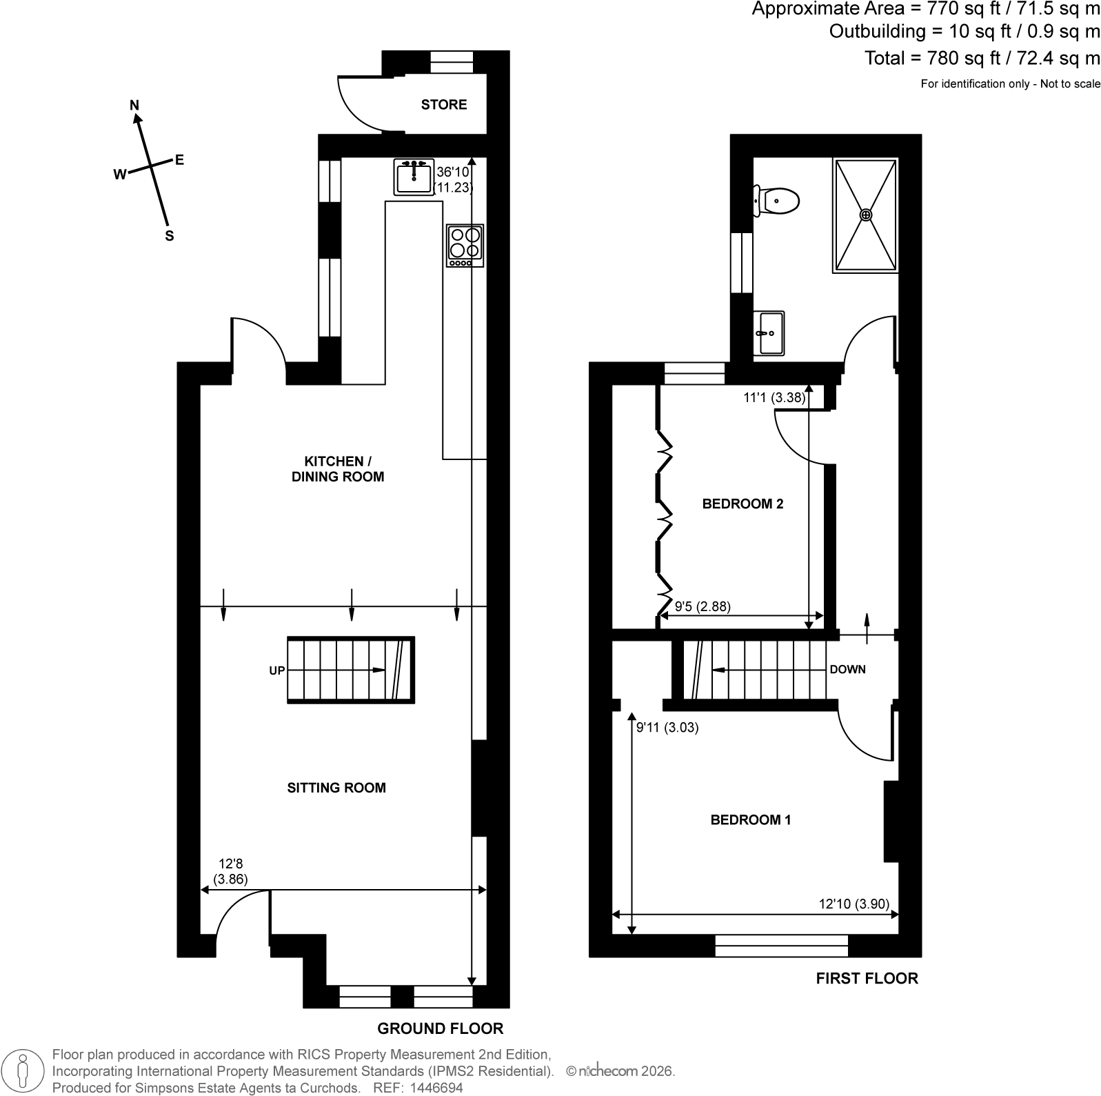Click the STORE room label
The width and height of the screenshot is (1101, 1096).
[x=444, y=105]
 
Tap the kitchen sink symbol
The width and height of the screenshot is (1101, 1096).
[x=414, y=177]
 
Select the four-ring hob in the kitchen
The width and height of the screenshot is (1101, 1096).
[x=465, y=245]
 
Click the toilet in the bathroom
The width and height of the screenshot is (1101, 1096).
[x=776, y=201]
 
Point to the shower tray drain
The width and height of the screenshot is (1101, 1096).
[x=866, y=215]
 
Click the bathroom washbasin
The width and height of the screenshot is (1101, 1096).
[x=769, y=333]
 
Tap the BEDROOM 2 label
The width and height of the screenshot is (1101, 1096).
[x=743, y=504]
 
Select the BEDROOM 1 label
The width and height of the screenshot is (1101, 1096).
[x=751, y=820]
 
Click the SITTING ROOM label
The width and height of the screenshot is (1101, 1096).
[x=336, y=788]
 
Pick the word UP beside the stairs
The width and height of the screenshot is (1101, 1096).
[x=277, y=670]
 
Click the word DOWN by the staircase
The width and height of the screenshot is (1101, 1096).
[x=848, y=670]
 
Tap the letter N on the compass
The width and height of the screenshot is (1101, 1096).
[x=135, y=105]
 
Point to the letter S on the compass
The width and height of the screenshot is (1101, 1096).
[x=169, y=236]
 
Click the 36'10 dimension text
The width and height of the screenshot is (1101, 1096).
[x=452, y=172]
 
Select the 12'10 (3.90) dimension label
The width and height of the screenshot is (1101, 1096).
[x=859, y=904]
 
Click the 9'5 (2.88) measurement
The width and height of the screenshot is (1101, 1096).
[x=703, y=607]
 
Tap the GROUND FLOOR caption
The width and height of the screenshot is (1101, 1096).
[x=441, y=1029]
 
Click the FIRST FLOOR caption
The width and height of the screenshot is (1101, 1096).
[x=867, y=978]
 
